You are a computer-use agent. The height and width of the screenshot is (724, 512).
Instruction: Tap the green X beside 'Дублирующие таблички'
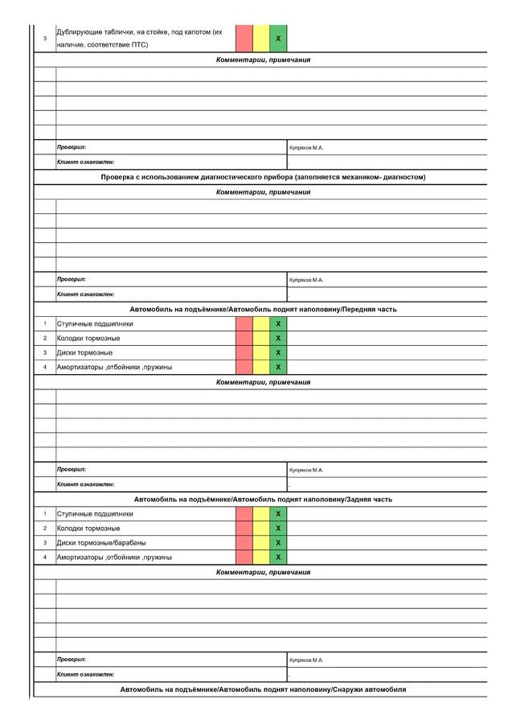(x=278, y=39)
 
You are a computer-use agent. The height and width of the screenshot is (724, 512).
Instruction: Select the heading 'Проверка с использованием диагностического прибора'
(x=263, y=177)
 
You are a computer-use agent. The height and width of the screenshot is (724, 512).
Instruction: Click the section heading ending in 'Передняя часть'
(x=263, y=310)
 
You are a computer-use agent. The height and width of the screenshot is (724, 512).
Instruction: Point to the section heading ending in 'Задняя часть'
(x=263, y=500)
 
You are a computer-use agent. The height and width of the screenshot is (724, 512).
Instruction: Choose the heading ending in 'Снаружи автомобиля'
(x=263, y=690)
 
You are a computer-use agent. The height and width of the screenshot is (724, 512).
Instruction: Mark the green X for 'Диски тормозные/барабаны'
(x=278, y=543)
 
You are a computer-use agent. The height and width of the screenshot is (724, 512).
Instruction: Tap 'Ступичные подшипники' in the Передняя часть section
(x=95, y=324)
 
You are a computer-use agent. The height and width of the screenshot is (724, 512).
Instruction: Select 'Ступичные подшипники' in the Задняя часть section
(x=95, y=514)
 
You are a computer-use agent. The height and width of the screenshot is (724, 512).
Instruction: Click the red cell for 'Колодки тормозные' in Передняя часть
(x=244, y=339)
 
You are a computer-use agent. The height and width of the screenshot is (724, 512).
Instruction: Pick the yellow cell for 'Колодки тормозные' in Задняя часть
(x=261, y=529)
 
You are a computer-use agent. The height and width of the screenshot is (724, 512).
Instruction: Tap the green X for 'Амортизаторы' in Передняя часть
(x=278, y=368)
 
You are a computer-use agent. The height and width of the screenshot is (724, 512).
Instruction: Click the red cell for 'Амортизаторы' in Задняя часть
(x=244, y=557)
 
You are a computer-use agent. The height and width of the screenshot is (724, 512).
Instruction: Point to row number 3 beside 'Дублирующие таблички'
(x=45, y=39)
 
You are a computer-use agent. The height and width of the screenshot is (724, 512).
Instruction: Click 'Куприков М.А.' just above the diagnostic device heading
(x=305, y=148)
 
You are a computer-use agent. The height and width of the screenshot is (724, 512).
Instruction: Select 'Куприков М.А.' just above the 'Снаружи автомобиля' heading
(x=305, y=660)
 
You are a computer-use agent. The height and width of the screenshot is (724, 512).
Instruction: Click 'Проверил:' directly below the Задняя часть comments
(x=72, y=660)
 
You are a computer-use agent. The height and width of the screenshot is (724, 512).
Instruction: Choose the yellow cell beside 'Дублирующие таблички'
(x=261, y=39)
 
